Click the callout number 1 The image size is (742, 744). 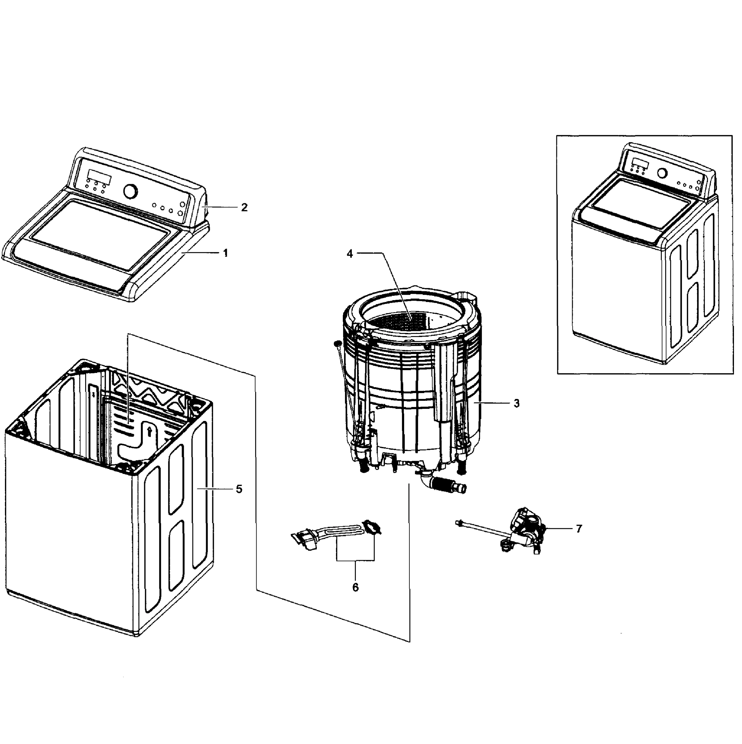click(226, 253)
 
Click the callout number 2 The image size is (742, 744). click(244, 208)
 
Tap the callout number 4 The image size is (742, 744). click(350, 254)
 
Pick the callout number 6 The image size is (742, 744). click(355, 587)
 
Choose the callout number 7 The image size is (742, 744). click(579, 529)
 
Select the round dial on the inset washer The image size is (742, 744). click(662, 173)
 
